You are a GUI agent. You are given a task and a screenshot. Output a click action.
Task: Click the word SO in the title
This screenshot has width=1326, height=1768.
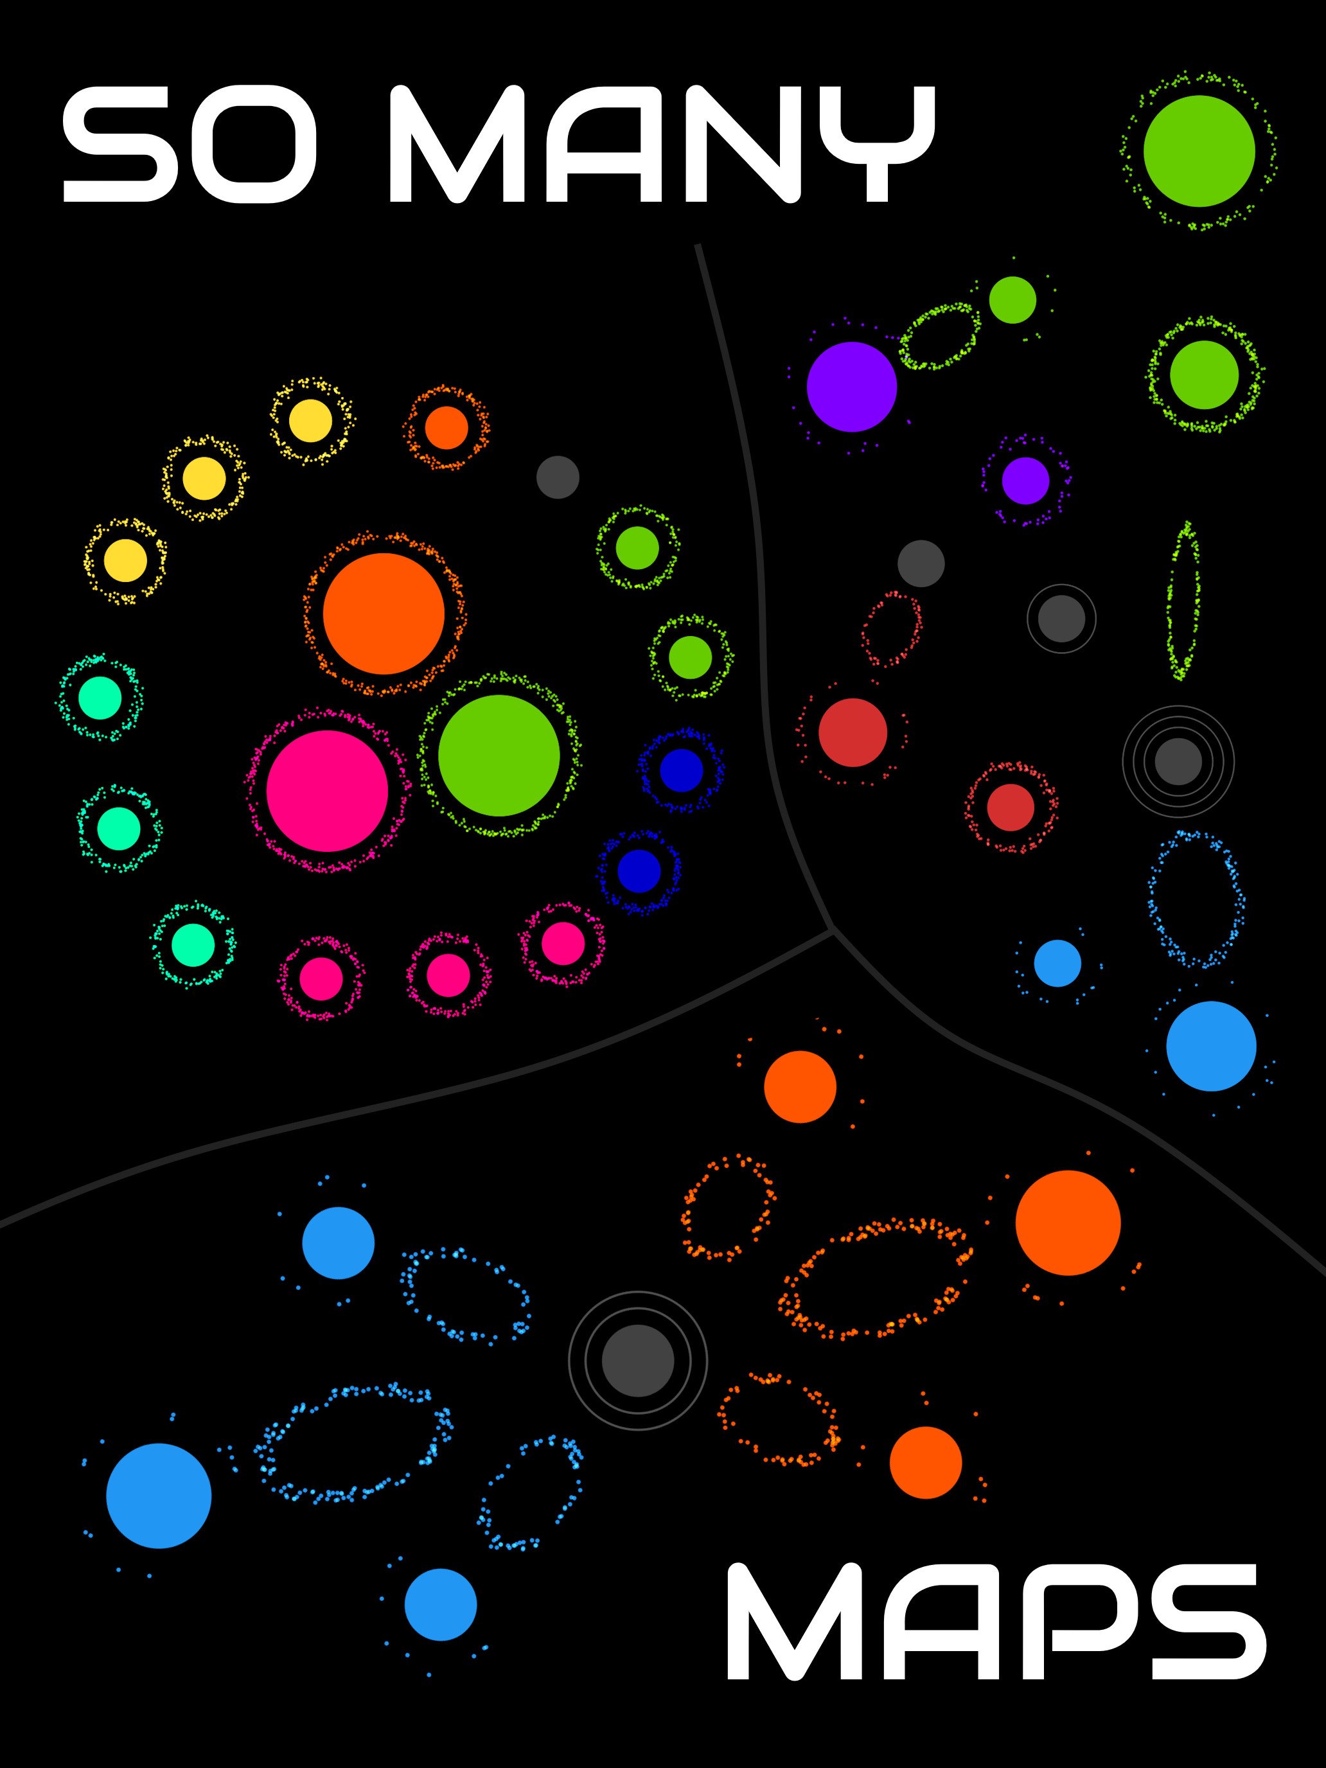(190, 144)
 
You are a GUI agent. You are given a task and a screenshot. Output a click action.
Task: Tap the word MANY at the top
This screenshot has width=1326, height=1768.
(662, 144)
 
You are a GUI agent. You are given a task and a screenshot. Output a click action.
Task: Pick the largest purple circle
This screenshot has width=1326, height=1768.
(852, 387)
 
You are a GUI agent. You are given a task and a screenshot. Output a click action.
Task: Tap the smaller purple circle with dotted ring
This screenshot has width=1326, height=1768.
(1025, 481)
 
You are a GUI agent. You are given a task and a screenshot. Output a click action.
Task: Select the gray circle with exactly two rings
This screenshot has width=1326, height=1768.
(638, 1360)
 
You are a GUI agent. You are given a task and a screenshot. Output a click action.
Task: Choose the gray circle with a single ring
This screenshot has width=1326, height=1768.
(1061, 618)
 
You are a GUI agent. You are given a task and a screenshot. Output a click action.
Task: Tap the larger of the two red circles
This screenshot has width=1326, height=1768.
(853, 732)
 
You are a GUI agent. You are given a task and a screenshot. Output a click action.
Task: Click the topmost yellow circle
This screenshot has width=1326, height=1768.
(310, 420)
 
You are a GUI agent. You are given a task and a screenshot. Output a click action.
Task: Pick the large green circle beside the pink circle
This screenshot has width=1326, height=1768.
(499, 756)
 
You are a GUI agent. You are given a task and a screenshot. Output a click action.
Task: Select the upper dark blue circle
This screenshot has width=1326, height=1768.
(682, 770)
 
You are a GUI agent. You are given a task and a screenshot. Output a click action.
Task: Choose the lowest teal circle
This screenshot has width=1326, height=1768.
(193, 945)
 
